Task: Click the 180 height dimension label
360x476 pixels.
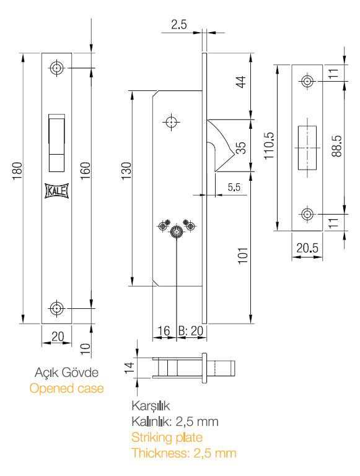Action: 17,172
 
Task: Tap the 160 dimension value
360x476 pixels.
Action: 86,171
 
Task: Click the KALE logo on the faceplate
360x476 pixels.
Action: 57,191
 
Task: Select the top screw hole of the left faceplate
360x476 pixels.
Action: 56,68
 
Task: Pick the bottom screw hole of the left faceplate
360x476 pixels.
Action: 56,308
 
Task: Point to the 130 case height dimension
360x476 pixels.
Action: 126,171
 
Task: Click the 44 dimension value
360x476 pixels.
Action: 241,82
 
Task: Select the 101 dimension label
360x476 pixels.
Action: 243,256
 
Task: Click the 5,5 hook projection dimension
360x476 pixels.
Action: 234,187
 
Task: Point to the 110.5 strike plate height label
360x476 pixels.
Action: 269,145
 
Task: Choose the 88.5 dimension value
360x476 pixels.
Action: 336,145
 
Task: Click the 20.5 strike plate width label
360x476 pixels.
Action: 307,248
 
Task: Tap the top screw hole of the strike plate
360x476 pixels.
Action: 307,81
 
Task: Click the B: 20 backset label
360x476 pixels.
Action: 190,331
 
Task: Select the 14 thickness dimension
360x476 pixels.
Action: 129,368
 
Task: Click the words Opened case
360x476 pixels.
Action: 66,388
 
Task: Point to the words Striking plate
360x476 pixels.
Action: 167,438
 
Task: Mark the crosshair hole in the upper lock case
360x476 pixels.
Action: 172,122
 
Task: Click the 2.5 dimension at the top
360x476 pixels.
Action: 179,25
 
